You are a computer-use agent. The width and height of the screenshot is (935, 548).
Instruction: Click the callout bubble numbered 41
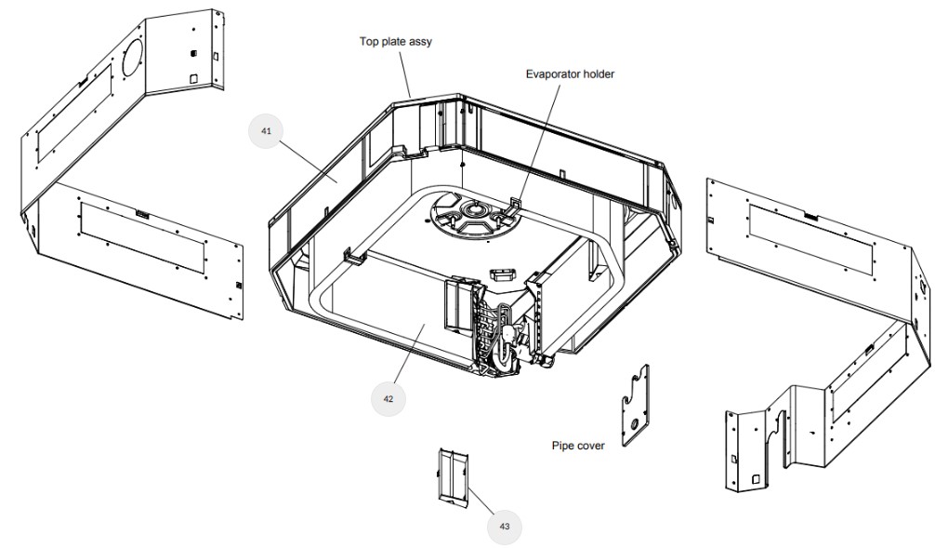(266, 131)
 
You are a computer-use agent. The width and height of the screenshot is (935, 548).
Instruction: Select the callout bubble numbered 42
(388, 398)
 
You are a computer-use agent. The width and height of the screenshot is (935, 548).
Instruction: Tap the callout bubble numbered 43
(505, 526)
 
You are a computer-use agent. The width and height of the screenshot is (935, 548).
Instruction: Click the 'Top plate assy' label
(396, 42)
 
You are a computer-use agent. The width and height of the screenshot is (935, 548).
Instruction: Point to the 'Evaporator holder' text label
(570, 74)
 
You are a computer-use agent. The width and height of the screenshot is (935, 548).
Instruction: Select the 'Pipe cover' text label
(578, 446)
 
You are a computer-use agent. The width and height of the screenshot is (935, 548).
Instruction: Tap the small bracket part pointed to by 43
(454, 477)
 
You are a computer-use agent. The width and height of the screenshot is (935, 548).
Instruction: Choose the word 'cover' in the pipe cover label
(591, 446)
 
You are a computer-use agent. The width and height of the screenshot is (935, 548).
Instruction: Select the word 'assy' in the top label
(420, 42)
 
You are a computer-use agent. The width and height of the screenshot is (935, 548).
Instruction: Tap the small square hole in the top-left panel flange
(194, 79)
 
